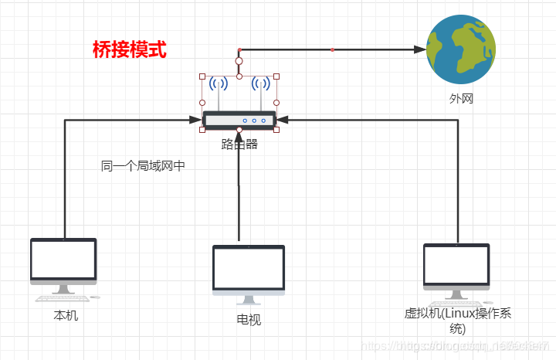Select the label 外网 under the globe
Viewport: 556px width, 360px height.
[461, 99]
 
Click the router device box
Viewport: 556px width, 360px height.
[239, 120]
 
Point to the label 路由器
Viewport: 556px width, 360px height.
[239, 144]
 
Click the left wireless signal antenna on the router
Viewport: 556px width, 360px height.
[219, 84]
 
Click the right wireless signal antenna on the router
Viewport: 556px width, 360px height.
[261, 84]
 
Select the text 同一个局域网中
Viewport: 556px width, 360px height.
[143, 166]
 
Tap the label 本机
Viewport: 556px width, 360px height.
[66, 316]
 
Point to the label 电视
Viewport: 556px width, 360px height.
[249, 319]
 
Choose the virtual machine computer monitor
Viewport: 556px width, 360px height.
[456, 266]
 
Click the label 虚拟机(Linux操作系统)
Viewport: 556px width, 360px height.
[458, 320]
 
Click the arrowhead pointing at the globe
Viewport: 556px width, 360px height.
[420, 49]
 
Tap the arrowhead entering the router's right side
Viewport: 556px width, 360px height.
[282, 120]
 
